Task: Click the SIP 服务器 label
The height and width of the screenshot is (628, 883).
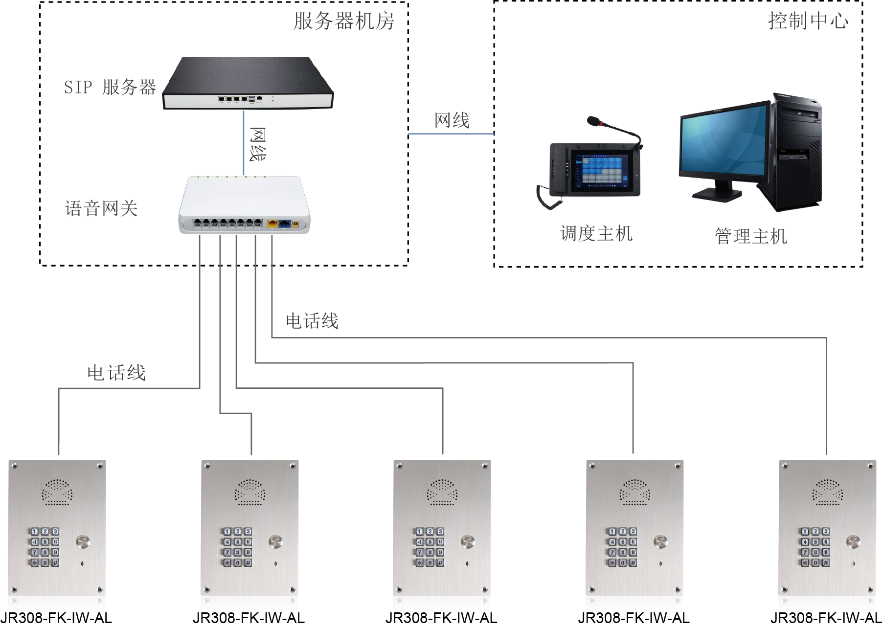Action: (110, 87)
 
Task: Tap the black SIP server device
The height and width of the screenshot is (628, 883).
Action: (248, 83)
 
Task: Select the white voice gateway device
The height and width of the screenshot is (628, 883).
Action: (244, 205)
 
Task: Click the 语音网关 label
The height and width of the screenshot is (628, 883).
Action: (101, 208)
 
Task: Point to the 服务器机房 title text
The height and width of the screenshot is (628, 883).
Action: (344, 21)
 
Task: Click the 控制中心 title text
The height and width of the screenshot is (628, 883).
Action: (808, 21)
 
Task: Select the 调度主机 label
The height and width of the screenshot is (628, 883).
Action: (596, 233)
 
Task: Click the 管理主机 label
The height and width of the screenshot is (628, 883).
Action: (751, 236)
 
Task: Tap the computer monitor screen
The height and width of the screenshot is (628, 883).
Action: (723, 139)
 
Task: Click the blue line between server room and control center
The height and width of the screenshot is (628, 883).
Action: (451, 134)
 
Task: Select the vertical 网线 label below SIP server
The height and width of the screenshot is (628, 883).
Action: (257, 144)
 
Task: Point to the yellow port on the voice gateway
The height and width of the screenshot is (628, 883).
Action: (272, 224)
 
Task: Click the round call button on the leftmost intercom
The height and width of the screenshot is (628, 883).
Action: (83, 542)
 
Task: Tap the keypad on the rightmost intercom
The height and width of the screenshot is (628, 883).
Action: (815, 547)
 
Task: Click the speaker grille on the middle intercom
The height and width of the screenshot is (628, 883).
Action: (442, 492)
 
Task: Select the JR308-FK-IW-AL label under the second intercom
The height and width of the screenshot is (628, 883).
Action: (249, 618)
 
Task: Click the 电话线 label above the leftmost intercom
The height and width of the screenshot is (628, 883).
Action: (116, 373)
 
